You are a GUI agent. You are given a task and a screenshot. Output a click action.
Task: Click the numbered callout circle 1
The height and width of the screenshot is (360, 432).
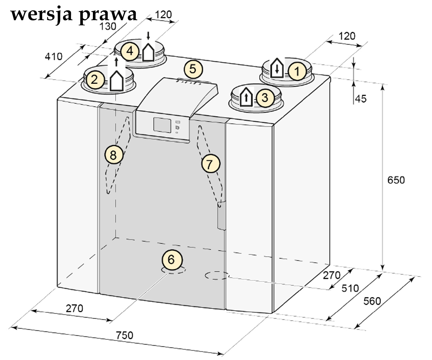(x=297, y=71)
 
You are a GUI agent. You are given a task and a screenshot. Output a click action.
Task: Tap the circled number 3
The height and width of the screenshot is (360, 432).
(x=265, y=98)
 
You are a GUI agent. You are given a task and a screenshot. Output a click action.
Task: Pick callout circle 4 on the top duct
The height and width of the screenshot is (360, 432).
(x=130, y=51)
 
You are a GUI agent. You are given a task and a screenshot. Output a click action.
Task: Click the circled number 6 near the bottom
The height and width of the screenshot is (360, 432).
(x=172, y=260)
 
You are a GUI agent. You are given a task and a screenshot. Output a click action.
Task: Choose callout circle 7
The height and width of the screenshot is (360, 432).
(x=211, y=164)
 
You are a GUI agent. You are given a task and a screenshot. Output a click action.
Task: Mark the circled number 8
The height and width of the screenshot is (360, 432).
(x=114, y=154)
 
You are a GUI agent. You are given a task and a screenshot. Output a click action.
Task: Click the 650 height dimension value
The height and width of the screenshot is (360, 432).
(x=396, y=180)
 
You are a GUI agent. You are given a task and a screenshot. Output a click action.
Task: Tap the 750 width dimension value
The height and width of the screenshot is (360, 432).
(x=124, y=335)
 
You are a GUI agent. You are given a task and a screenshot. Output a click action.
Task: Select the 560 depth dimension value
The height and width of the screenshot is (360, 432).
(x=372, y=301)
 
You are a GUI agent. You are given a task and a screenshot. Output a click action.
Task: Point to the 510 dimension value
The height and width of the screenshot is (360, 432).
(x=350, y=288)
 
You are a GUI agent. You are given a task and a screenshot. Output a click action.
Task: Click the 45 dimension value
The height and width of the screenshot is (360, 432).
(x=361, y=99)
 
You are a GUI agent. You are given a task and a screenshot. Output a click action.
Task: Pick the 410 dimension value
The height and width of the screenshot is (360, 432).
(x=54, y=57)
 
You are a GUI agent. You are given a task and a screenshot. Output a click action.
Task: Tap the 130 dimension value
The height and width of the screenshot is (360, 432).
(x=108, y=26)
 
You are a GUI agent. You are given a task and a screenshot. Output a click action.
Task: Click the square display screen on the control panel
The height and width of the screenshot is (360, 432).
(x=162, y=125)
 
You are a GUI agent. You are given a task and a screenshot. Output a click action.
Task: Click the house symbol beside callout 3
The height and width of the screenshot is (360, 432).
(x=246, y=97)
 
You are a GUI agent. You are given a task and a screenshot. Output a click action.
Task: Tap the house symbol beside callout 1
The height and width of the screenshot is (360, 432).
(x=277, y=68)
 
